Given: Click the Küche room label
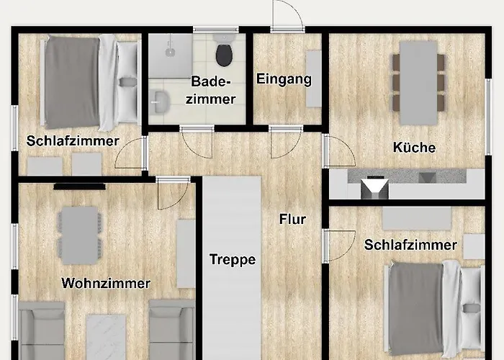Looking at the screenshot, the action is click(414, 148).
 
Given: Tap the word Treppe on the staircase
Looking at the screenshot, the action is click(233, 259).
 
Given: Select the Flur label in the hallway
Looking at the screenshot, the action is click(292, 219).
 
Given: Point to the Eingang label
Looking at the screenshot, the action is click(284, 79).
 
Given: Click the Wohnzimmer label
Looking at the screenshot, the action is click(106, 283).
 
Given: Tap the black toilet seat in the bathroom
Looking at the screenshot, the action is click(224, 55).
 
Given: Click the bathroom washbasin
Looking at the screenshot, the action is click(160, 102).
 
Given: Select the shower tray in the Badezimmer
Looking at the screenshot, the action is click(171, 55).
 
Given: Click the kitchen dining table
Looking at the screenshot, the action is click(418, 83).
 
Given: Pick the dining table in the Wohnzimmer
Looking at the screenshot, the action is click(79, 235).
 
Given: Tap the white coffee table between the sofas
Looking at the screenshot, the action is click(106, 337).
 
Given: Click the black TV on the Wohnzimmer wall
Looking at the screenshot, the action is click(79, 186).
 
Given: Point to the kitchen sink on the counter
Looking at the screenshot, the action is click(374, 187).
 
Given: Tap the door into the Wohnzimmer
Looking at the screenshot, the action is click(172, 192).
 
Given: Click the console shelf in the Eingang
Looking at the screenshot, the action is click(313, 78).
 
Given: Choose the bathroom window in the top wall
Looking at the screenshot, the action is click(216, 30).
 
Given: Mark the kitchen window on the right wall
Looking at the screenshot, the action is click(488, 117).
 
